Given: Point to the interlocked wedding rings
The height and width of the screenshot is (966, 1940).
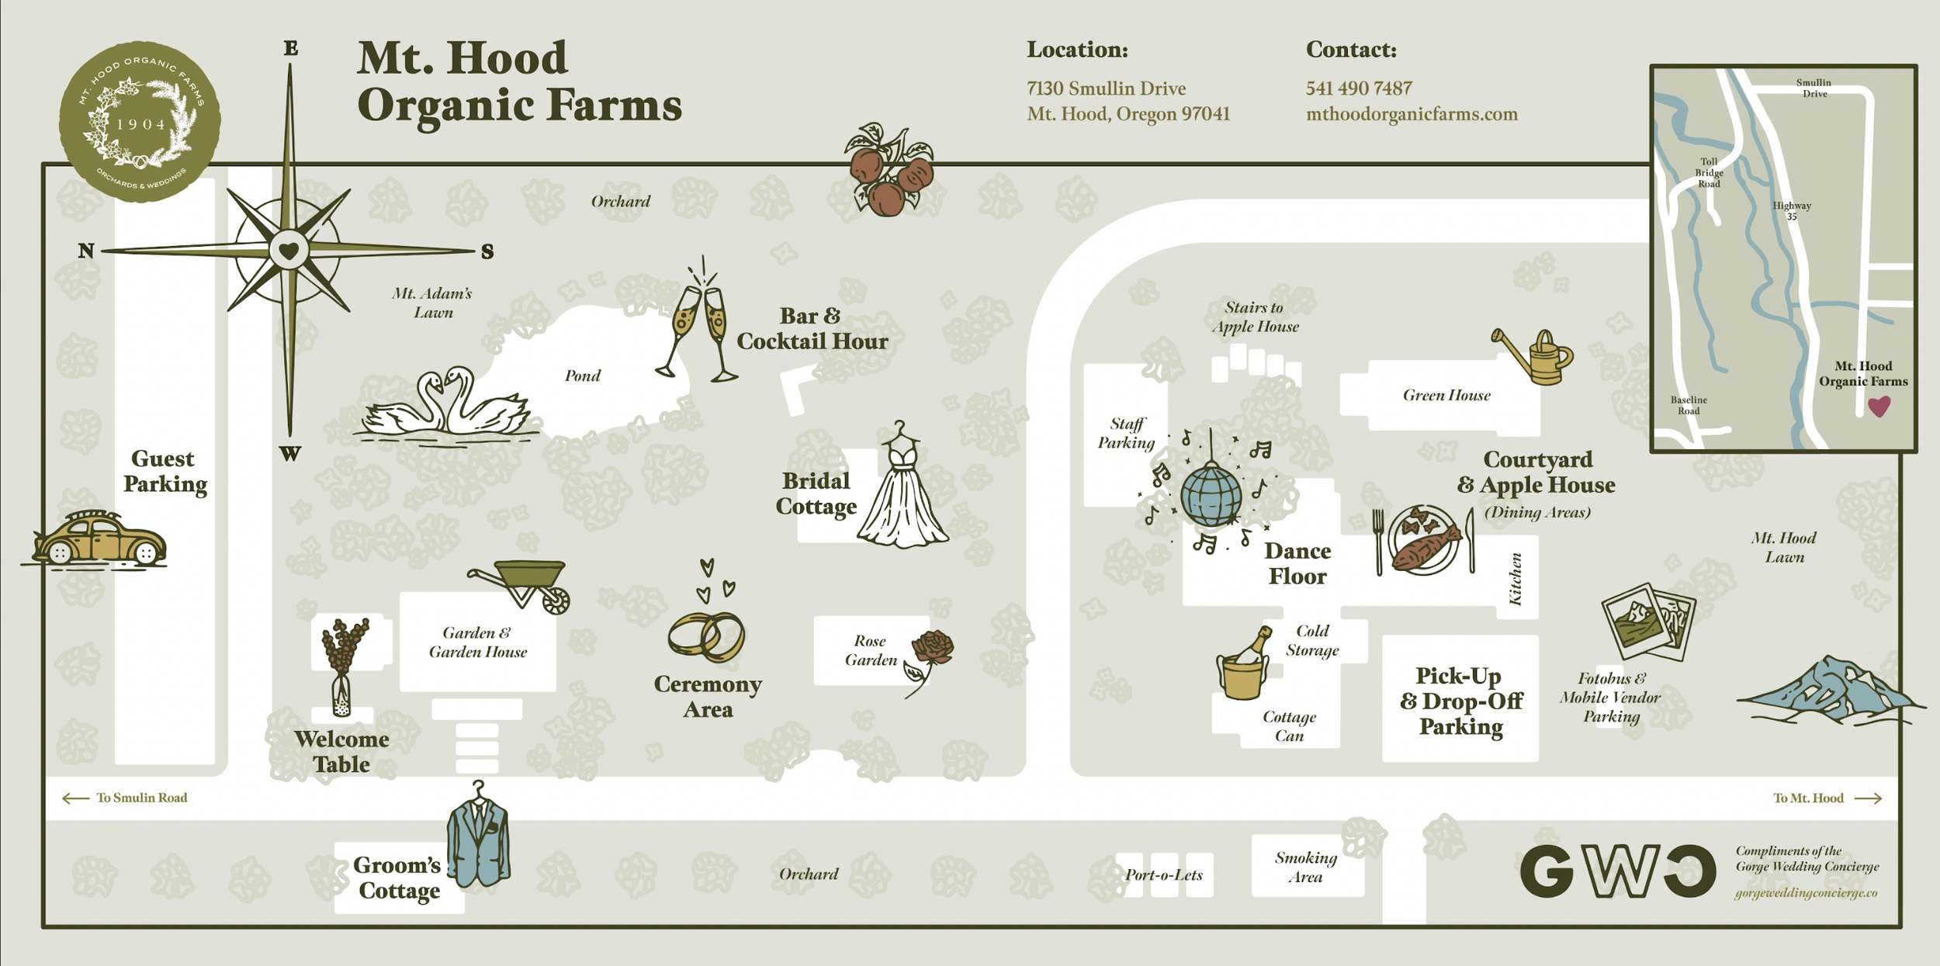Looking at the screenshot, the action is click(x=706, y=636).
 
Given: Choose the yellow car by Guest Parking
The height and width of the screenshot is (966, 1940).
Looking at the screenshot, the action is click(x=99, y=539).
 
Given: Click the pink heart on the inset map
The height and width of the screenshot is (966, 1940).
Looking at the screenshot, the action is click(x=1879, y=406).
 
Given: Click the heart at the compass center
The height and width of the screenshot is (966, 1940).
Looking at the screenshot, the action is click(x=289, y=251).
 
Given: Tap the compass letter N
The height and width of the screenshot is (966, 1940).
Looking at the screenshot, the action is click(x=86, y=251).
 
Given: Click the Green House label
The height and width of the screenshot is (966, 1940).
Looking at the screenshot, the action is click(x=1446, y=396).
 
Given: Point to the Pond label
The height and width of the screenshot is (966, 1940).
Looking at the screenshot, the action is click(x=582, y=376).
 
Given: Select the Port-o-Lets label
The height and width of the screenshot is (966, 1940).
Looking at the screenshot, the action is click(x=1163, y=875).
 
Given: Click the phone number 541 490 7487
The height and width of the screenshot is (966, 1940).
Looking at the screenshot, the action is click(x=1359, y=88).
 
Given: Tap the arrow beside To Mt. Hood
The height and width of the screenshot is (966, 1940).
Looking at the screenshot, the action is click(x=1868, y=798).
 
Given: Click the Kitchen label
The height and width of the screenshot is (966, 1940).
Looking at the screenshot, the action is click(x=1516, y=579).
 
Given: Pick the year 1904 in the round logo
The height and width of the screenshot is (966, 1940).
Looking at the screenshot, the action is click(x=140, y=124).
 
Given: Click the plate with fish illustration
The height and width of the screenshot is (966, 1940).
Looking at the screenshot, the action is click(x=1423, y=541).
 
